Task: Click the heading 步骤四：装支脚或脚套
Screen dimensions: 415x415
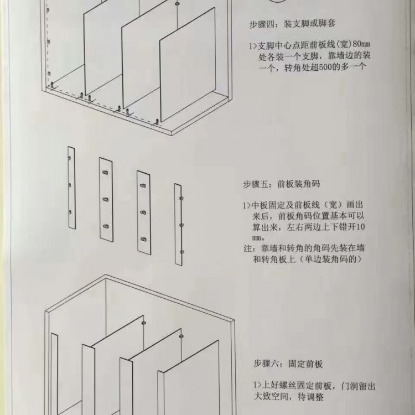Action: click(x=293, y=24)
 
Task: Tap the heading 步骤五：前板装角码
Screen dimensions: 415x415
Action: click(x=282, y=184)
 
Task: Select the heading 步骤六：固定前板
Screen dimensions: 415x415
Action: click(x=288, y=364)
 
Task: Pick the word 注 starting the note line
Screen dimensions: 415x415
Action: click(x=247, y=248)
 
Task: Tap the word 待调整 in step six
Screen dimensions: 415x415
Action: click(x=311, y=397)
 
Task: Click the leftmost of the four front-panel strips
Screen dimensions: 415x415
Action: click(x=71, y=188)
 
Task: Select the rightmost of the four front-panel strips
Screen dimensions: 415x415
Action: click(x=178, y=225)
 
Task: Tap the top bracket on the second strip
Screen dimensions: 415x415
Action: click(x=105, y=173)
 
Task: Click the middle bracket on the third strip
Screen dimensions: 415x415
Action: click(x=143, y=212)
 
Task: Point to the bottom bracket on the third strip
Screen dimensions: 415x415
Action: click(x=143, y=240)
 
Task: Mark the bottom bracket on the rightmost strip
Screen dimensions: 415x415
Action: click(x=181, y=252)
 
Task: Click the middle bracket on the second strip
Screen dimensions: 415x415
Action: click(x=105, y=200)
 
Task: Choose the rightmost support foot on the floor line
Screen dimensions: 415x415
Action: click(x=157, y=122)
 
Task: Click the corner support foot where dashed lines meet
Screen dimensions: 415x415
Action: click(x=52, y=85)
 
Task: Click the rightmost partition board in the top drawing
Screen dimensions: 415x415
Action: click(x=188, y=65)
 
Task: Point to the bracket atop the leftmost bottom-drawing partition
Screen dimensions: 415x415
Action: click(x=144, y=323)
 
